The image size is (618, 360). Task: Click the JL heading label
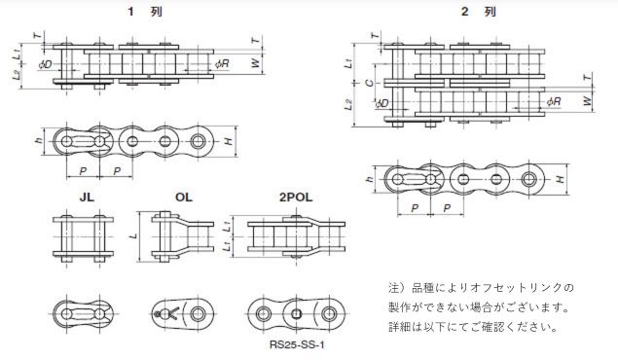pos(87,197)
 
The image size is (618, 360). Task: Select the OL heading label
pos(184,197)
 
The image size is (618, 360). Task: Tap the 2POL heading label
pos(296,197)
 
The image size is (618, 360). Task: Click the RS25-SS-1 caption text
pos(297,345)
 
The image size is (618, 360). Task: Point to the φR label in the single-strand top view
pos(222,63)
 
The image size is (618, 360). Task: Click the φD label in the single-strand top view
pos(46,64)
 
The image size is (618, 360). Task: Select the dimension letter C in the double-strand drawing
pos(369,83)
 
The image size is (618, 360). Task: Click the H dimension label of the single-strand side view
pos(229,141)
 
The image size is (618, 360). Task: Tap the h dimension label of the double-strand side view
pos(369,179)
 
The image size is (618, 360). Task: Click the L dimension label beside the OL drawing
pos(134,235)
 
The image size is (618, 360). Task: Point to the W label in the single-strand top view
pos(256,62)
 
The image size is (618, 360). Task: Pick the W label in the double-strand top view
pos(587,100)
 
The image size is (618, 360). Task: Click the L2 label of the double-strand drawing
pos(348,105)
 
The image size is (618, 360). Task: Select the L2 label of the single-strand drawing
pos(17,75)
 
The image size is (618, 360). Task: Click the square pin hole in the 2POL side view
pos(297,314)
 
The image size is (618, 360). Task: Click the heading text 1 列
pos(145,12)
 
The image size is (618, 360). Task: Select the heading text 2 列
pos(479,12)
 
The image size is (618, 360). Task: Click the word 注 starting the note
pos(394,288)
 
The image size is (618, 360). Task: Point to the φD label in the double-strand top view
pos(382,103)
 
